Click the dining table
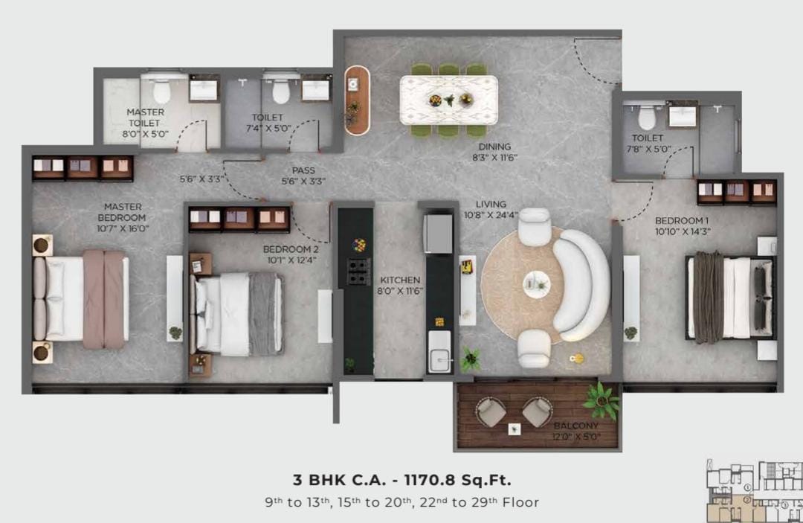[x=448, y=100]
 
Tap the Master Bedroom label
[x=123, y=212]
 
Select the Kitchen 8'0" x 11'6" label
[x=400, y=286]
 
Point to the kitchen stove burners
[x=359, y=272]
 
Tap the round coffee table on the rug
[x=537, y=284]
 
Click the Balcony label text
[x=576, y=426]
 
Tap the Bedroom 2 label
[x=291, y=249]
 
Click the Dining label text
[x=494, y=147]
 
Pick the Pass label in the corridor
[x=303, y=170]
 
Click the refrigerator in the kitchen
[x=438, y=234]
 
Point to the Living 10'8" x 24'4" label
[x=491, y=210]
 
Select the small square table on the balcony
[x=515, y=429]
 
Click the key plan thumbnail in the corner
[x=755, y=491]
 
